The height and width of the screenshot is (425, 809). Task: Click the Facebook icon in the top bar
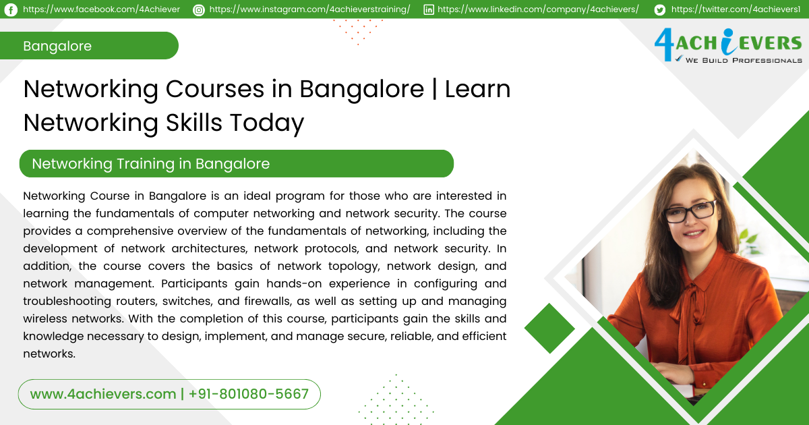pyautogui.click(x=11, y=9)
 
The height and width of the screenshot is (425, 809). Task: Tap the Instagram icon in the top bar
pyautogui.click(x=198, y=9)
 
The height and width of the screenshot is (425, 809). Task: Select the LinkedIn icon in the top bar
pyautogui.click(x=429, y=9)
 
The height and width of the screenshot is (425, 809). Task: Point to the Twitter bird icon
pyautogui.click(x=659, y=9)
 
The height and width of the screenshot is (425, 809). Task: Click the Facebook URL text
pyautogui.click(x=101, y=9)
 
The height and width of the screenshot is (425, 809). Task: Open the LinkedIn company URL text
pyautogui.click(x=538, y=9)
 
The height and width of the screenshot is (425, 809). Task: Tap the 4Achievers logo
pyautogui.click(x=727, y=43)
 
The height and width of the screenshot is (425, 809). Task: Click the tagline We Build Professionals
pyautogui.click(x=743, y=61)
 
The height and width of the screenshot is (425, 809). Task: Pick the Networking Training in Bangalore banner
pyautogui.click(x=236, y=163)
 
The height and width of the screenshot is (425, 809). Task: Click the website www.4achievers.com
pyautogui.click(x=102, y=394)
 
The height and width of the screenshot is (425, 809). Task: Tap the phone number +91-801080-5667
pyautogui.click(x=249, y=394)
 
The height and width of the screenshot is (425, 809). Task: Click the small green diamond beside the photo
pyautogui.click(x=549, y=329)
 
